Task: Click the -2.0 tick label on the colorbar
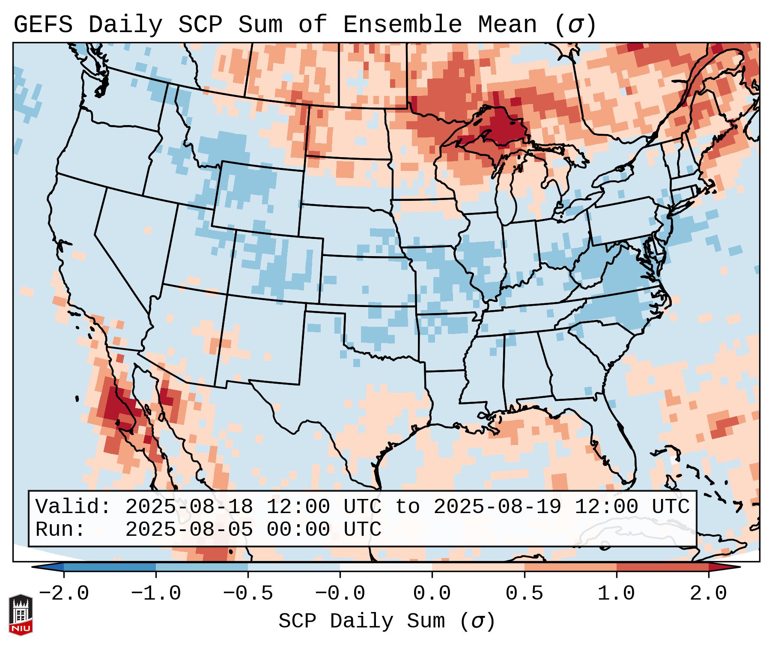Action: (64, 594)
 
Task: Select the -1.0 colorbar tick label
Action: (156, 594)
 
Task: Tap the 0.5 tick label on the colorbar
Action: (525, 594)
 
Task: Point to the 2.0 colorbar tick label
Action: (709, 594)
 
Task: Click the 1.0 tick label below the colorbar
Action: (617, 594)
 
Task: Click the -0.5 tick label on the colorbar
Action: (248, 594)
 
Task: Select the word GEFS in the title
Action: (43, 25)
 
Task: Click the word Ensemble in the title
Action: (402, 25)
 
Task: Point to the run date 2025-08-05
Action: (189, 529)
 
